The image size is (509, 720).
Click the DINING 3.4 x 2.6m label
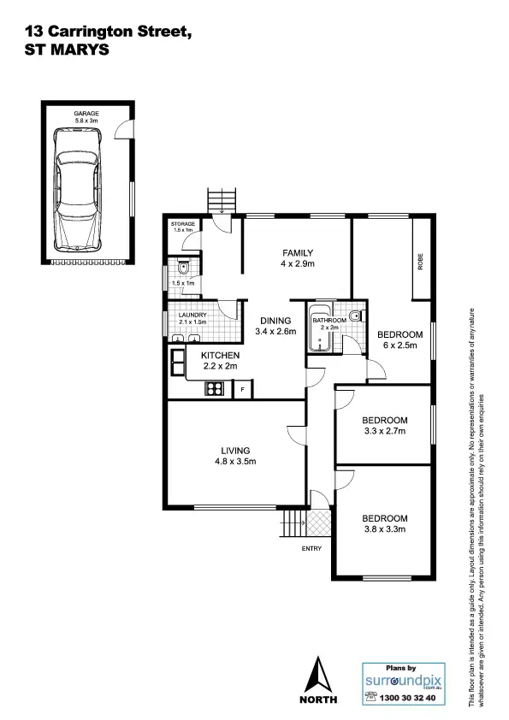[276, 325]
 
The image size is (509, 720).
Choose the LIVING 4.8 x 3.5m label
[234, 456]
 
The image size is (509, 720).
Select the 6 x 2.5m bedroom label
[400, 339]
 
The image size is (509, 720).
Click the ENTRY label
[312, 550]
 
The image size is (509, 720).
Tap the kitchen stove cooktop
[214, 389]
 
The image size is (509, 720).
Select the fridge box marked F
[243, 390]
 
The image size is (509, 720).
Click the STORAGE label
[183, 223]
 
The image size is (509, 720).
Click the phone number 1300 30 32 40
[407, 698]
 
